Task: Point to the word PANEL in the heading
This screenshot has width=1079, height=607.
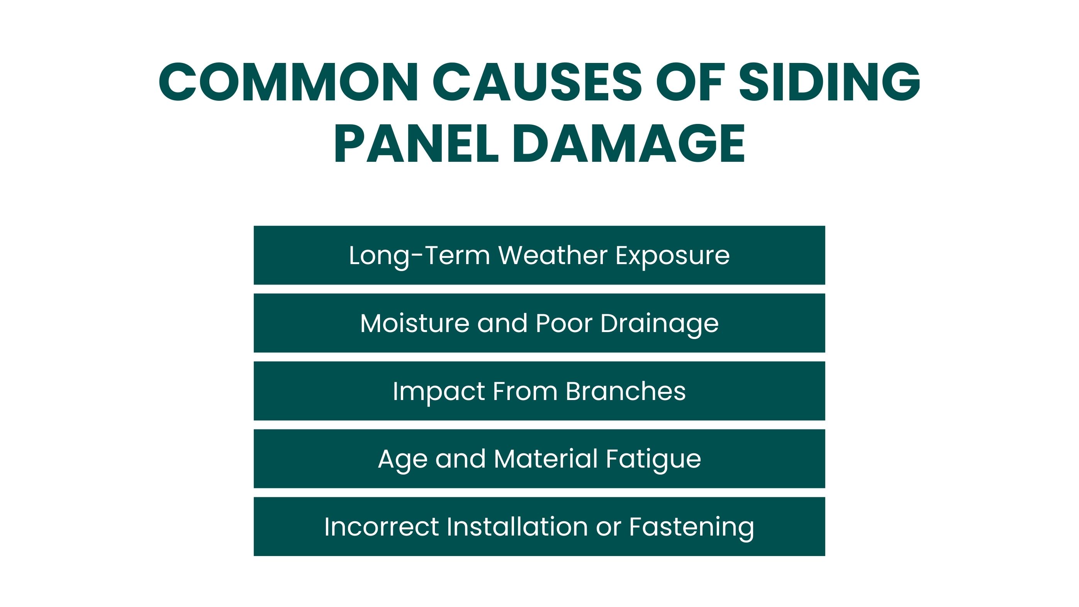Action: [x=416, y=144]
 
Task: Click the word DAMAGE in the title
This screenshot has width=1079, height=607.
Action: [x=629, y=144]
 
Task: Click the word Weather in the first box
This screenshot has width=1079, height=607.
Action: [x=553, y=255]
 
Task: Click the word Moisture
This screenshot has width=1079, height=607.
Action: [x=415, y=324]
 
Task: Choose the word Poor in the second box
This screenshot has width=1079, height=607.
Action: [x=564, y=324]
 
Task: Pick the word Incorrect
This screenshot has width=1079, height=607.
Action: [x=382, y=527]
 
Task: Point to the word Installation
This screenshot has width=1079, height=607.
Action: [x=517, y=527]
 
